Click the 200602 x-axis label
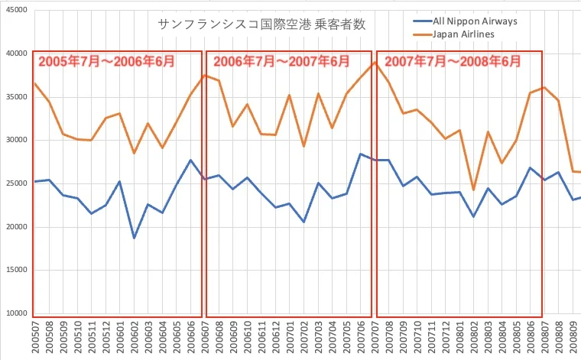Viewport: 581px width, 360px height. pyautogui.click(x=135, y=337)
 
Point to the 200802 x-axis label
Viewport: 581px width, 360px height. pyautogui.click(x=473, y=337)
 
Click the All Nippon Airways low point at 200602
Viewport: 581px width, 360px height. pyautogui.click(x=135, y=238)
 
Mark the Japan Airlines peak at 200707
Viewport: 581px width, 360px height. pyautogui.click(x=375, y=62)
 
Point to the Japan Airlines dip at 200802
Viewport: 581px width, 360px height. pyautogui.click(x=473, y=190)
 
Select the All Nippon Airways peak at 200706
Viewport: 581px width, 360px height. pyautogui.click(x=360, y=154)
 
